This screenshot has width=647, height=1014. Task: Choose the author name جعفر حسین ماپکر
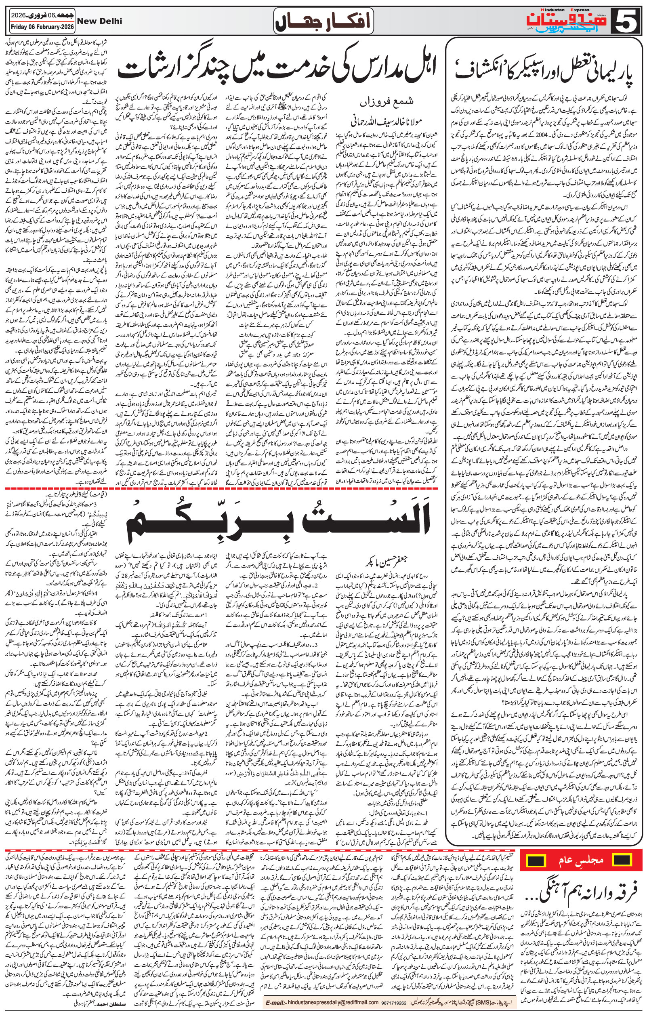coord(378,562)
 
